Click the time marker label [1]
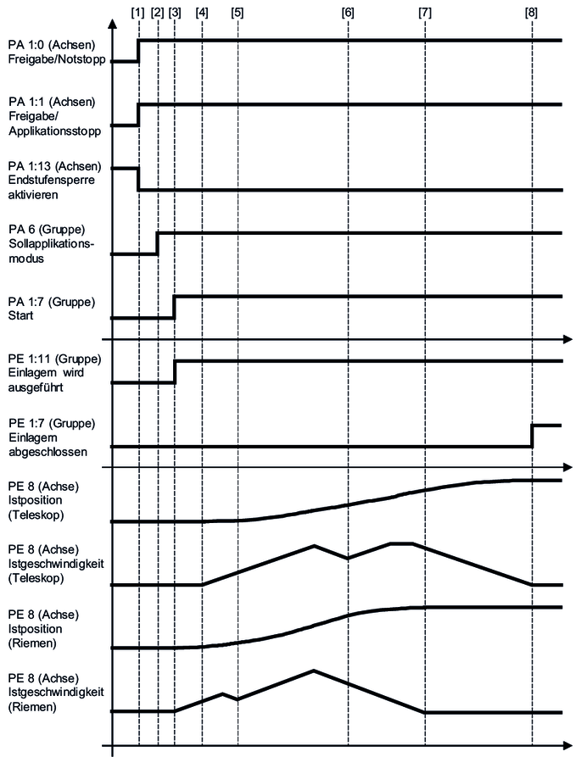(138, 13)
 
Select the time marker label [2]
(157, 13)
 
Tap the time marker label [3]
(175, 13)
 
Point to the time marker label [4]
(202, 13)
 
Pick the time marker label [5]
(237, 13)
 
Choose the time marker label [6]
(348, 13)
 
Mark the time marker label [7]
(424, 13)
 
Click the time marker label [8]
(531, 13)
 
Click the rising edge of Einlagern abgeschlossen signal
(532, 436)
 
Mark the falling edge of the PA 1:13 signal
(138, 179)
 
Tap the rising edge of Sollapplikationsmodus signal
(158, 242)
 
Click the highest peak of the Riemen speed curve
(314, 670)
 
